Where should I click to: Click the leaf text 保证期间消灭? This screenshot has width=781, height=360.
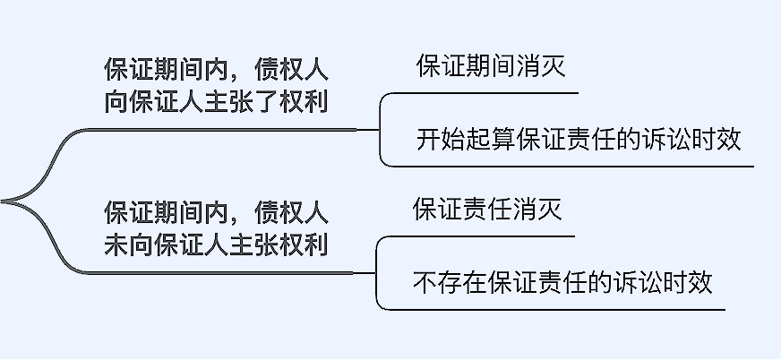point(490,68)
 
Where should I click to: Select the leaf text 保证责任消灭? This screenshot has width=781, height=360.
point(486,211)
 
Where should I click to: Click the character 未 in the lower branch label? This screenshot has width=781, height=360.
point(116,244)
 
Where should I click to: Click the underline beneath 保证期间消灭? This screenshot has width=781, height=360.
point(488,92)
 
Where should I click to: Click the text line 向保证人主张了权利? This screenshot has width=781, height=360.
point(216,101)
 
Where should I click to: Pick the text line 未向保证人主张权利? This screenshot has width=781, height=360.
point(216,244)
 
